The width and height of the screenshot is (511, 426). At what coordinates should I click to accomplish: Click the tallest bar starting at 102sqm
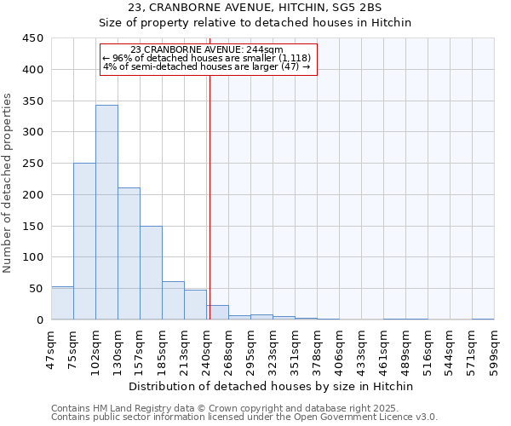click(x=106, y=212)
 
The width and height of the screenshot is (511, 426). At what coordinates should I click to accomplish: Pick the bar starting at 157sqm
click(x=151, y=273)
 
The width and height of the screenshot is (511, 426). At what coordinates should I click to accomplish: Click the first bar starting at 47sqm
click(x=62, y=303)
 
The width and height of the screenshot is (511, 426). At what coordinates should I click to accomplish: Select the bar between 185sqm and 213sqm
click(x=173, y=301)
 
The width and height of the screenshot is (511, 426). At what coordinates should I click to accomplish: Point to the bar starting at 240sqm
click(x=217, y=313)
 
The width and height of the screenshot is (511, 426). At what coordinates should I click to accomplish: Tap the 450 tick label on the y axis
click(x=32, y=38)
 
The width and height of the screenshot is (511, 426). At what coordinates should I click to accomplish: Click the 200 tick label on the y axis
click(x=32, y=195)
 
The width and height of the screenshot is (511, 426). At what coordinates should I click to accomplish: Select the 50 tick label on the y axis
click(x=36, y=289)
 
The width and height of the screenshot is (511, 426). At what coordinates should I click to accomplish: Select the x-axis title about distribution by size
click(x=273, y=386)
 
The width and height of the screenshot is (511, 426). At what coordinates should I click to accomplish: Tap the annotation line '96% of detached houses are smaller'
click(x=207, y=58)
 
